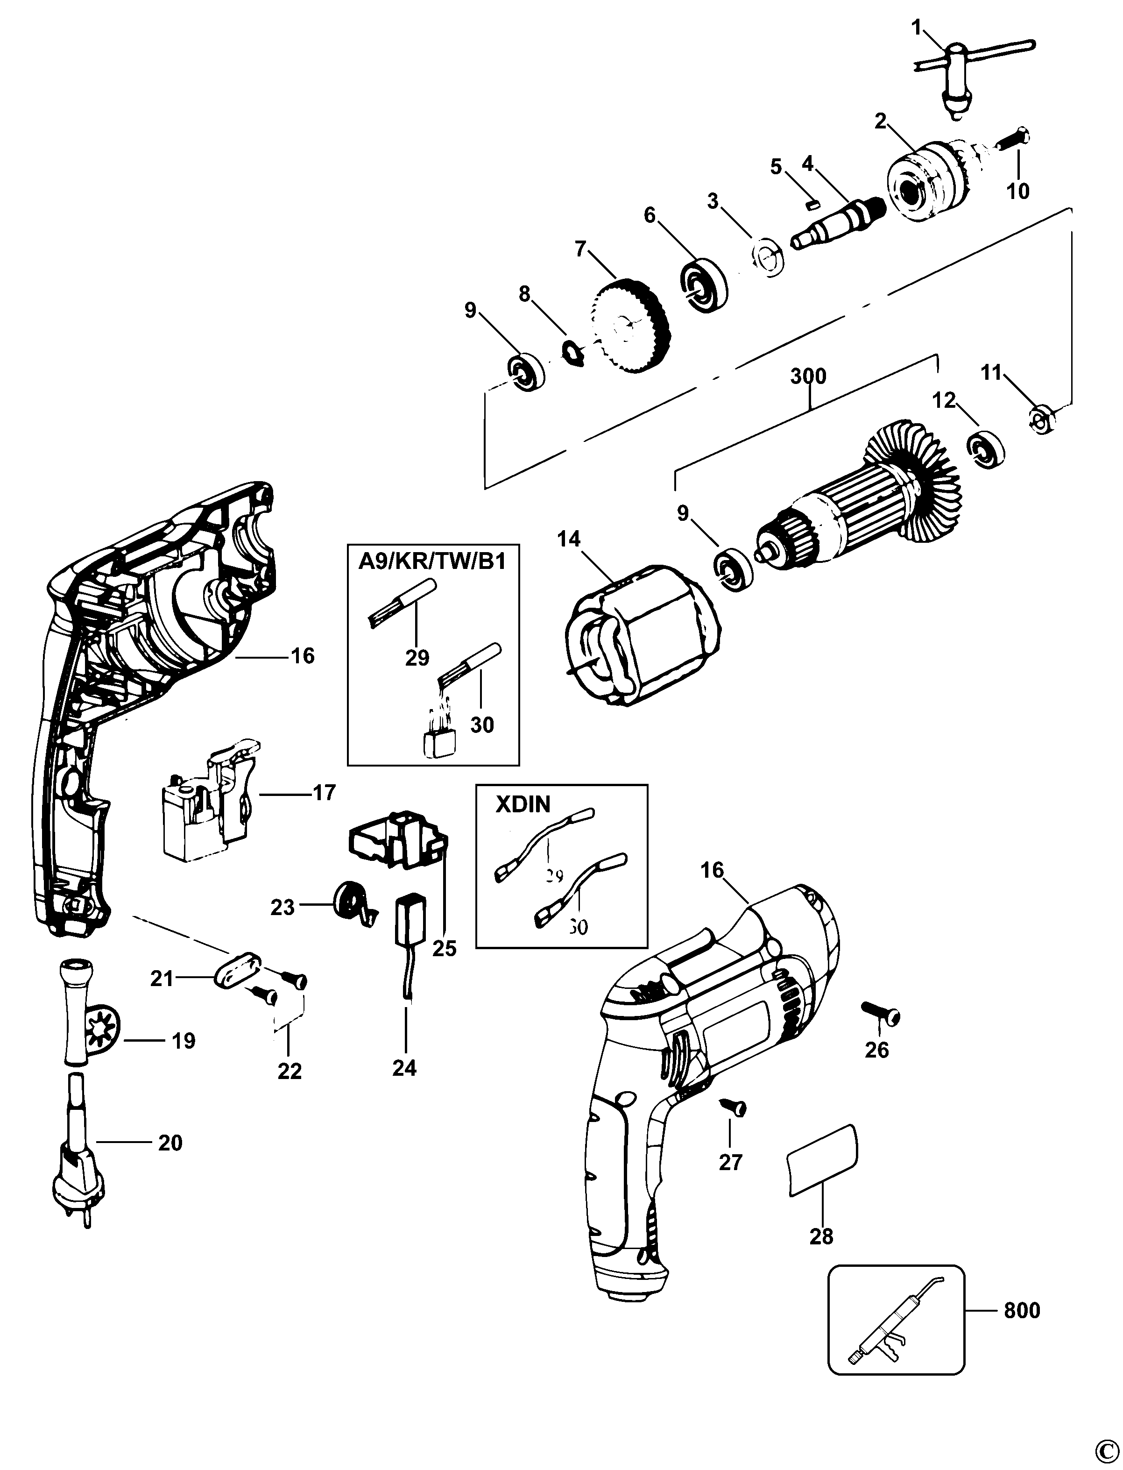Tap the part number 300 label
(808, 376)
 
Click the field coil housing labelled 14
(642, 635)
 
